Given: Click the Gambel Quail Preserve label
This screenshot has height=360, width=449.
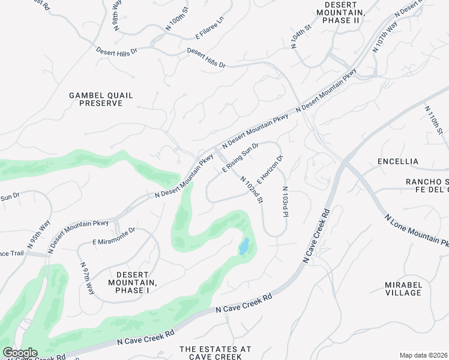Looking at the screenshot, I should click(x=101, y=99).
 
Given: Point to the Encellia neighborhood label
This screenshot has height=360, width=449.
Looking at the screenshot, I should click(x=398, y=161).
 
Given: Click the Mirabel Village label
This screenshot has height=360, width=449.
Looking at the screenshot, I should click(x=403, y=288).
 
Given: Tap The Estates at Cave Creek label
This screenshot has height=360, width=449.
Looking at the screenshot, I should click(x=215, y=353).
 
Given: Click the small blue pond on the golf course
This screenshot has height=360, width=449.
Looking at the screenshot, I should click(x=244, y=246).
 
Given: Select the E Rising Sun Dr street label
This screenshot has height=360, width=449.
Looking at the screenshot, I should click(x=240, y=158).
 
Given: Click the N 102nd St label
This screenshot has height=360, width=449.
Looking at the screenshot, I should click(x=252, y=189).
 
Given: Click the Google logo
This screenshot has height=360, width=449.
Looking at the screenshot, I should click(x=20, y=353).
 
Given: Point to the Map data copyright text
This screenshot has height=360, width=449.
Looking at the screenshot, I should click(x=423, y=355).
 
